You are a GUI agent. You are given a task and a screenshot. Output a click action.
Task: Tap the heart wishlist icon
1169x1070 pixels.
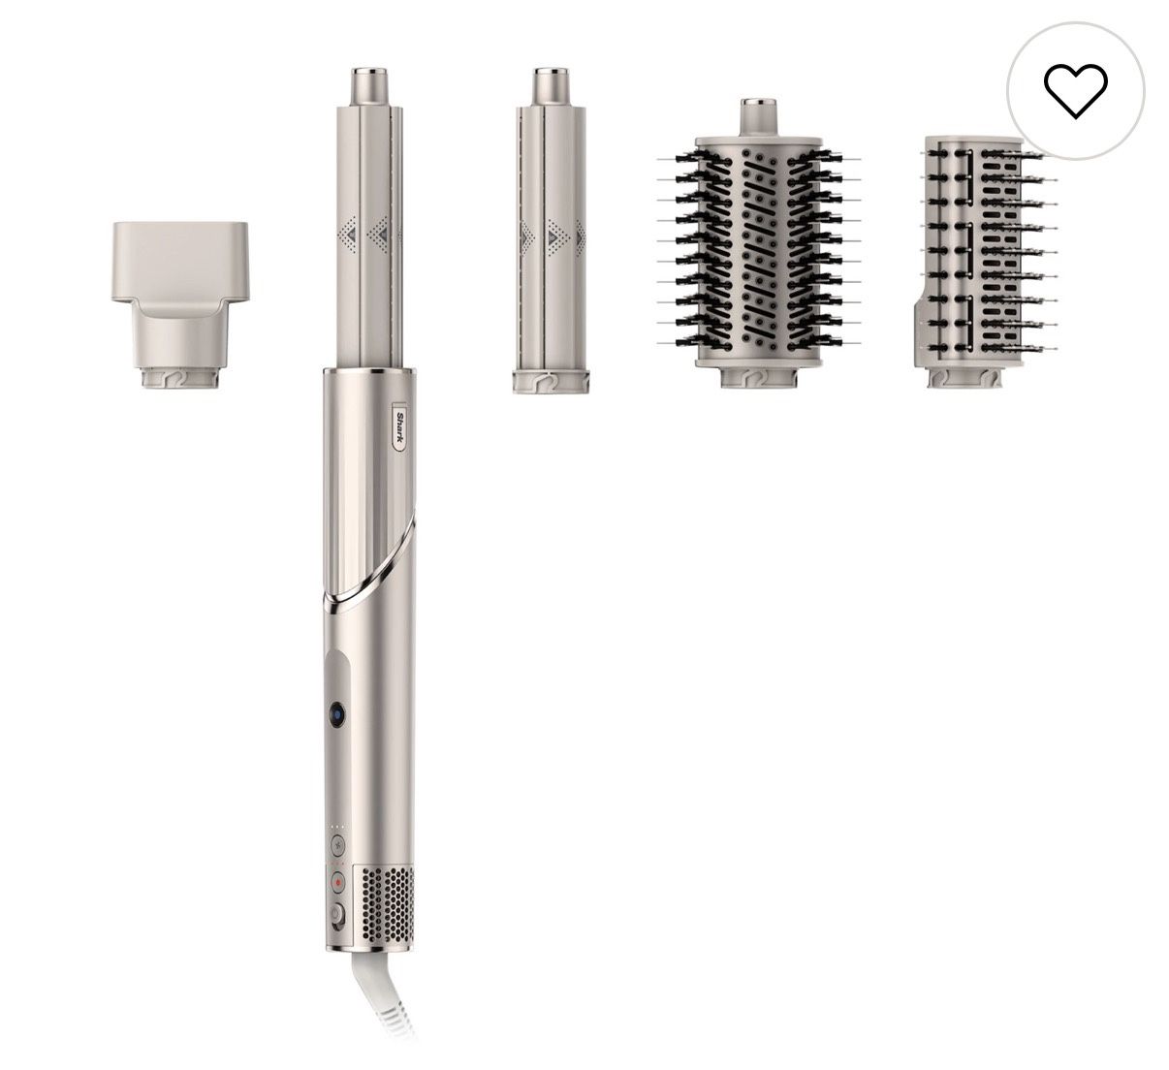[x=1075, y=92]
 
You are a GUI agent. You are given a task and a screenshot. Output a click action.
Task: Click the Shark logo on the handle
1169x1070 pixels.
[x=401, y=430]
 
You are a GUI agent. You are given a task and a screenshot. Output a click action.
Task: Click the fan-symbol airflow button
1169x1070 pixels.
[x=338, y=844]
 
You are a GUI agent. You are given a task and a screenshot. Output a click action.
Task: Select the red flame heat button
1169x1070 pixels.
[x=338, y=882]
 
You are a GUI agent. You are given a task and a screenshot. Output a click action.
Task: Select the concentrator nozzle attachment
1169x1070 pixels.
[x=180, y=304]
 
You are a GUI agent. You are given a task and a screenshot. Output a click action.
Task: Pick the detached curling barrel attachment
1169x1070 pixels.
[x=551, y=231]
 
